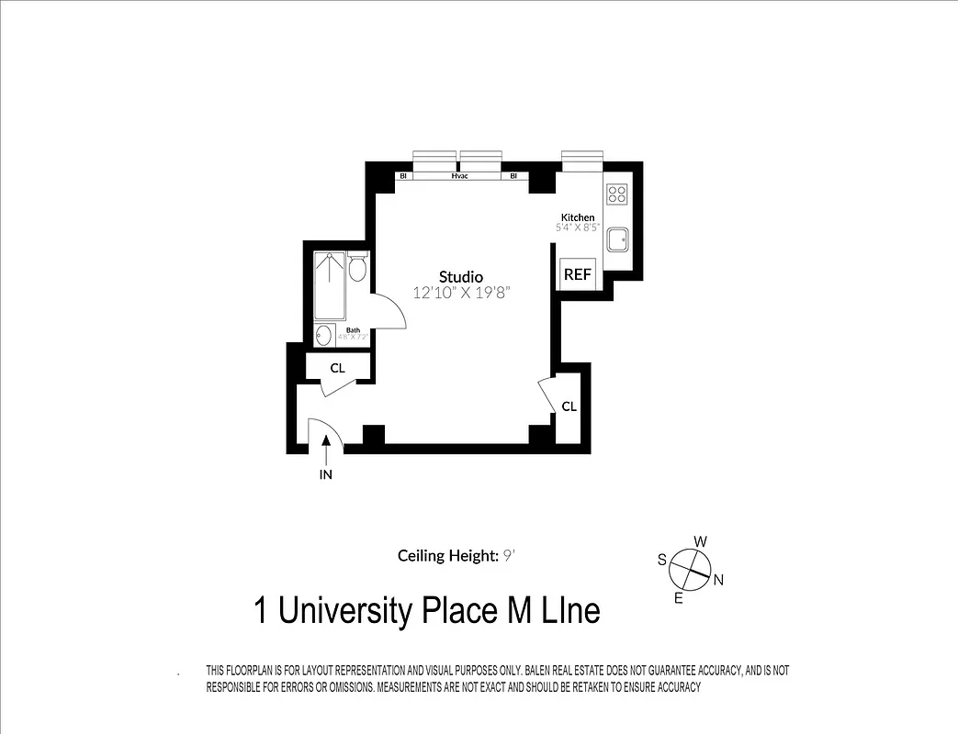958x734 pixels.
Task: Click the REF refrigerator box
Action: pos(577,273)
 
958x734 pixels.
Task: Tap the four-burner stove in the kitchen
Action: pos(616,194)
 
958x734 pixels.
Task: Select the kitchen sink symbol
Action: pos(616,239)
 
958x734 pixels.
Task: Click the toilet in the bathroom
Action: pos(358,266)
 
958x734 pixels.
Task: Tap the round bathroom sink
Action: pos(323,335)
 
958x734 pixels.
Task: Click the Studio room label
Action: pos(460,276)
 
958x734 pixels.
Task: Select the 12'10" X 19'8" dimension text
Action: pos(460,293)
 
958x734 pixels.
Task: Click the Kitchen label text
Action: pos(578,217)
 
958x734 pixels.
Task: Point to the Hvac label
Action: pos(460,175)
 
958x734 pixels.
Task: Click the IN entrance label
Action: pos(325,474)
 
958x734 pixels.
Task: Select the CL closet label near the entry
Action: pos(337,368)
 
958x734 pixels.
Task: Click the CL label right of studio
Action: pos(569,406)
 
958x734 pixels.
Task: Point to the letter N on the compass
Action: pos(718,579)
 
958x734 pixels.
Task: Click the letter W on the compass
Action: pos(700,541)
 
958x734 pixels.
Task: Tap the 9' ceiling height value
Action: pos(507,555)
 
